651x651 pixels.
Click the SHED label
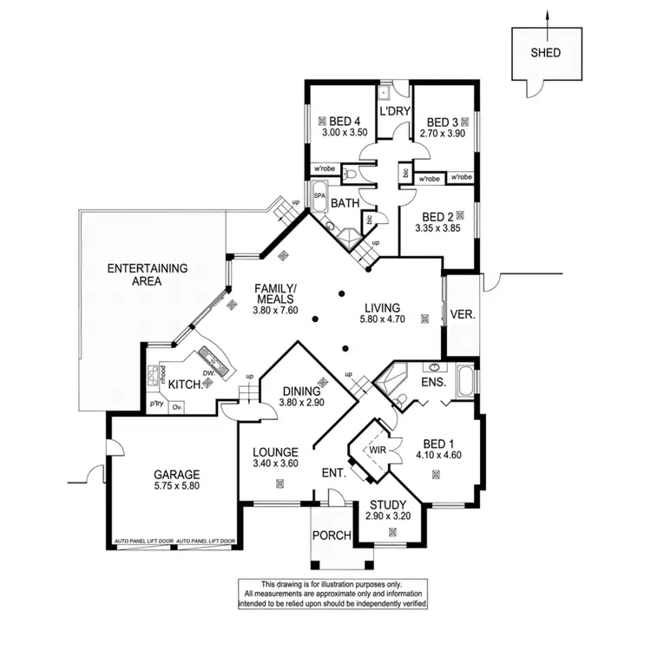(546, 52)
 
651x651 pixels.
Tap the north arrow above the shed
(547, 16)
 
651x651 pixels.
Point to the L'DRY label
(393, 112)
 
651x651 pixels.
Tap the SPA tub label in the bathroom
(319, 196)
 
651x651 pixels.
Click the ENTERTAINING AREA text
(148, 275)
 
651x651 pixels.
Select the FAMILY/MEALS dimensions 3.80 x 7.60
(275, 310)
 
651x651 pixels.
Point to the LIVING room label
(382, 307)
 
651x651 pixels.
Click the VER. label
(464, 314)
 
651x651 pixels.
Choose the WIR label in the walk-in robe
(376, 451)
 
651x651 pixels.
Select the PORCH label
(332, 536)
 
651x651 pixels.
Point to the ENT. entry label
(333, 474)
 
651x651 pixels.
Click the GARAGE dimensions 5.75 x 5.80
(177, 487)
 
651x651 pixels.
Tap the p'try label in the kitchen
(156, 404)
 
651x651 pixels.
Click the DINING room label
(301, 391)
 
